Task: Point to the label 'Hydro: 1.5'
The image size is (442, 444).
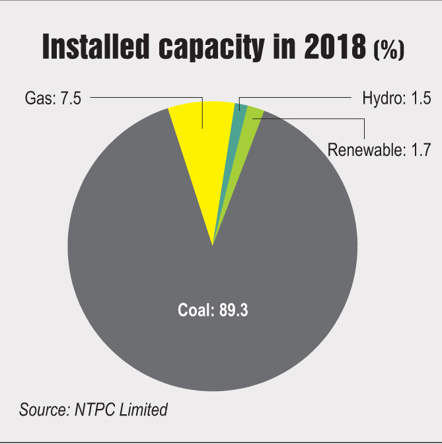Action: (396, 99)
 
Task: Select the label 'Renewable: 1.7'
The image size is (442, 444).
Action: (379, 150)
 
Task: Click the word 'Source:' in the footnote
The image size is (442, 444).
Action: (40, 409)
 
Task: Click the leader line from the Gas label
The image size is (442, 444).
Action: (145, 98)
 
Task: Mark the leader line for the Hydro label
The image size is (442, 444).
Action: (297, 98)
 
